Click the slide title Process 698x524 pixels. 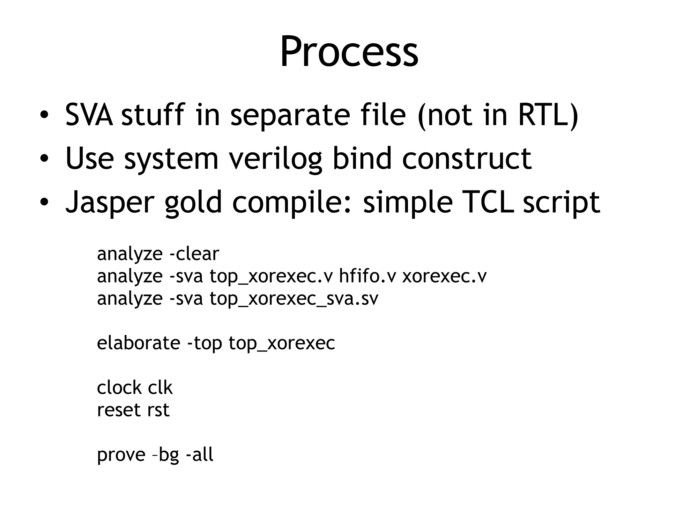click(349, 51)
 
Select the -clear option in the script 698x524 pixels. click(194, 254)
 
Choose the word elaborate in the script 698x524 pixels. click(139, 343)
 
